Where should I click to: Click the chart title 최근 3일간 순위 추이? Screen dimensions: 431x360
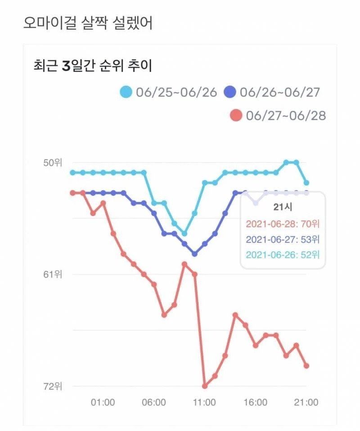93,66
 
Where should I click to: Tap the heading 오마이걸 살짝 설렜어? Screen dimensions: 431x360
88,23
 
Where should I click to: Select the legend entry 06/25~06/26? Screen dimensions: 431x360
168,93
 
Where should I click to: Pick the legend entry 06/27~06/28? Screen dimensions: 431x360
278,116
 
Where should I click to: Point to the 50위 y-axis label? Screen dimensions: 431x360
53,162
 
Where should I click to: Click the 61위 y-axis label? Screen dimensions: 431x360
53,274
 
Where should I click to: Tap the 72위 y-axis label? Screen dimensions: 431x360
53,386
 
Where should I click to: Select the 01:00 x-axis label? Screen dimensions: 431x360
103,402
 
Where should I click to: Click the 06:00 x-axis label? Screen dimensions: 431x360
154,402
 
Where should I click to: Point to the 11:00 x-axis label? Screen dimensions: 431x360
205,402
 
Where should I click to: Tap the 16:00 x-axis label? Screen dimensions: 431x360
256,402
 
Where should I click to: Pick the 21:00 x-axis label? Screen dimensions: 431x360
306,402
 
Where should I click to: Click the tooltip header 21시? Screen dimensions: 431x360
283,207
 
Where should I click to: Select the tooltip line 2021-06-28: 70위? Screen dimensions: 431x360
283,223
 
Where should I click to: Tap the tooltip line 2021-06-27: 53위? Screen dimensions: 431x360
283,239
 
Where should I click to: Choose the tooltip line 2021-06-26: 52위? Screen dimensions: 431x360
283,255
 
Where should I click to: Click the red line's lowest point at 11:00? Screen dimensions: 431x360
205,386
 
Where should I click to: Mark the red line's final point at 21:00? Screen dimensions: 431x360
306,366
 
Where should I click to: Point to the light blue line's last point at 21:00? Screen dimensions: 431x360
306,183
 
